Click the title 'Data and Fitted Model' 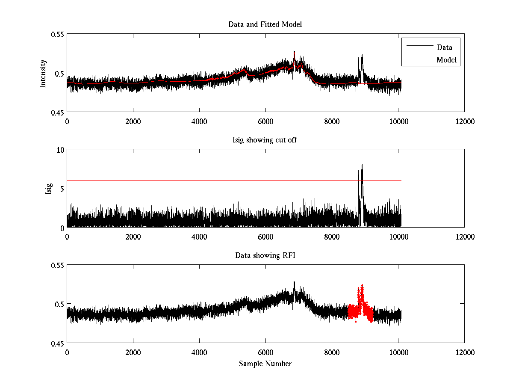click(x=265, y=24)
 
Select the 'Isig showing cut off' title click(x=265, y=140)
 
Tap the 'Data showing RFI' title click(x=265, y=255)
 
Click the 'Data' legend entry click(x=444, y=47)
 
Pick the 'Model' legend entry click(x=447, y=60)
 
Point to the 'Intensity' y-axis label click(x=43, y=73)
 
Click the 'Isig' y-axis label click(x=48, y=189)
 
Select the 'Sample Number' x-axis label click(x=265, y=364)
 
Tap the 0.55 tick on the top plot click(x=57, y=34)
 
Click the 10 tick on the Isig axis click(x=60, y=150)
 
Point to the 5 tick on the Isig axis click(x=62, y=189)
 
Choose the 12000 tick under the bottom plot click(x=465, y=352)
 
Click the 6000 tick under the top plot click(x=265, y=121)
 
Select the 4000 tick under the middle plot click(x=199, y=237)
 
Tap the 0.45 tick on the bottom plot click(x=57, y=343)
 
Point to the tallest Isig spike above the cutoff click(x=362, y=165)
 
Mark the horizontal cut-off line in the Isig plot click(x=214, y=180)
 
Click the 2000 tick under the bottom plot click(x=133, y=352)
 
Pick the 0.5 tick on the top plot click(x=59, y=73)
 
